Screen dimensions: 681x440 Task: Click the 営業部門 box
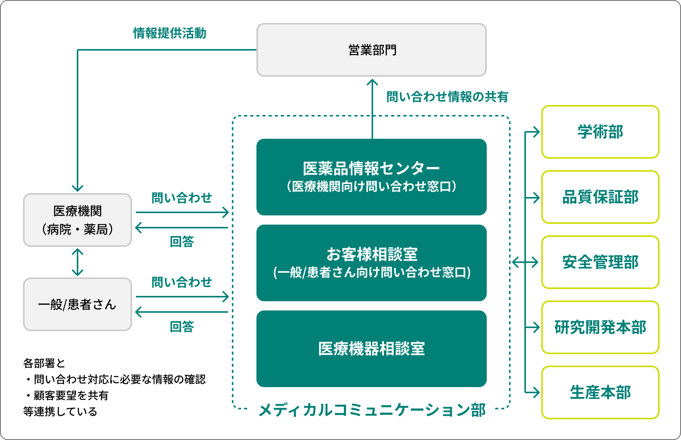(372, 50)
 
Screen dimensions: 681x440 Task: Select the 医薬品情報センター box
(372, 177)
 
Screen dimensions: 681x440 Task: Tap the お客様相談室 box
(372, 263)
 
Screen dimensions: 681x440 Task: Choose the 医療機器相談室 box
(372, 349)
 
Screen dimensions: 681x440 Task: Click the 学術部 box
(600, 132)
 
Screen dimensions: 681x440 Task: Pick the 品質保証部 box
(600, 197)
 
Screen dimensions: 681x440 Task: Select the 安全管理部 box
(600, 262)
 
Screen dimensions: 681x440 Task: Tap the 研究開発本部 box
(600, 327)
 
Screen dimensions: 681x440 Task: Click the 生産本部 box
(600, 392)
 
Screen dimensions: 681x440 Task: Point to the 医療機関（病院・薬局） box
(78, 220)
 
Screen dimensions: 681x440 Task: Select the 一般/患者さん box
(78, 304)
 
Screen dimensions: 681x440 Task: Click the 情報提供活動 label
(170, 33)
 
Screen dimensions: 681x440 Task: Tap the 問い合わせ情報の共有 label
(447, 97)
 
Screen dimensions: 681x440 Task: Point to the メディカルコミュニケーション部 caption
(372, 410)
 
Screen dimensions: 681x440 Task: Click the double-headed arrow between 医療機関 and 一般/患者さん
(78, 262)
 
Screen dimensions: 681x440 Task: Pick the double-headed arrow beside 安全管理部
(525, 262)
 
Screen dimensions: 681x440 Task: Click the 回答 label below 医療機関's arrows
(182, 242)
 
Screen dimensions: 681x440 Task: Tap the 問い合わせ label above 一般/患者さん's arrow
(182, 282)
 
